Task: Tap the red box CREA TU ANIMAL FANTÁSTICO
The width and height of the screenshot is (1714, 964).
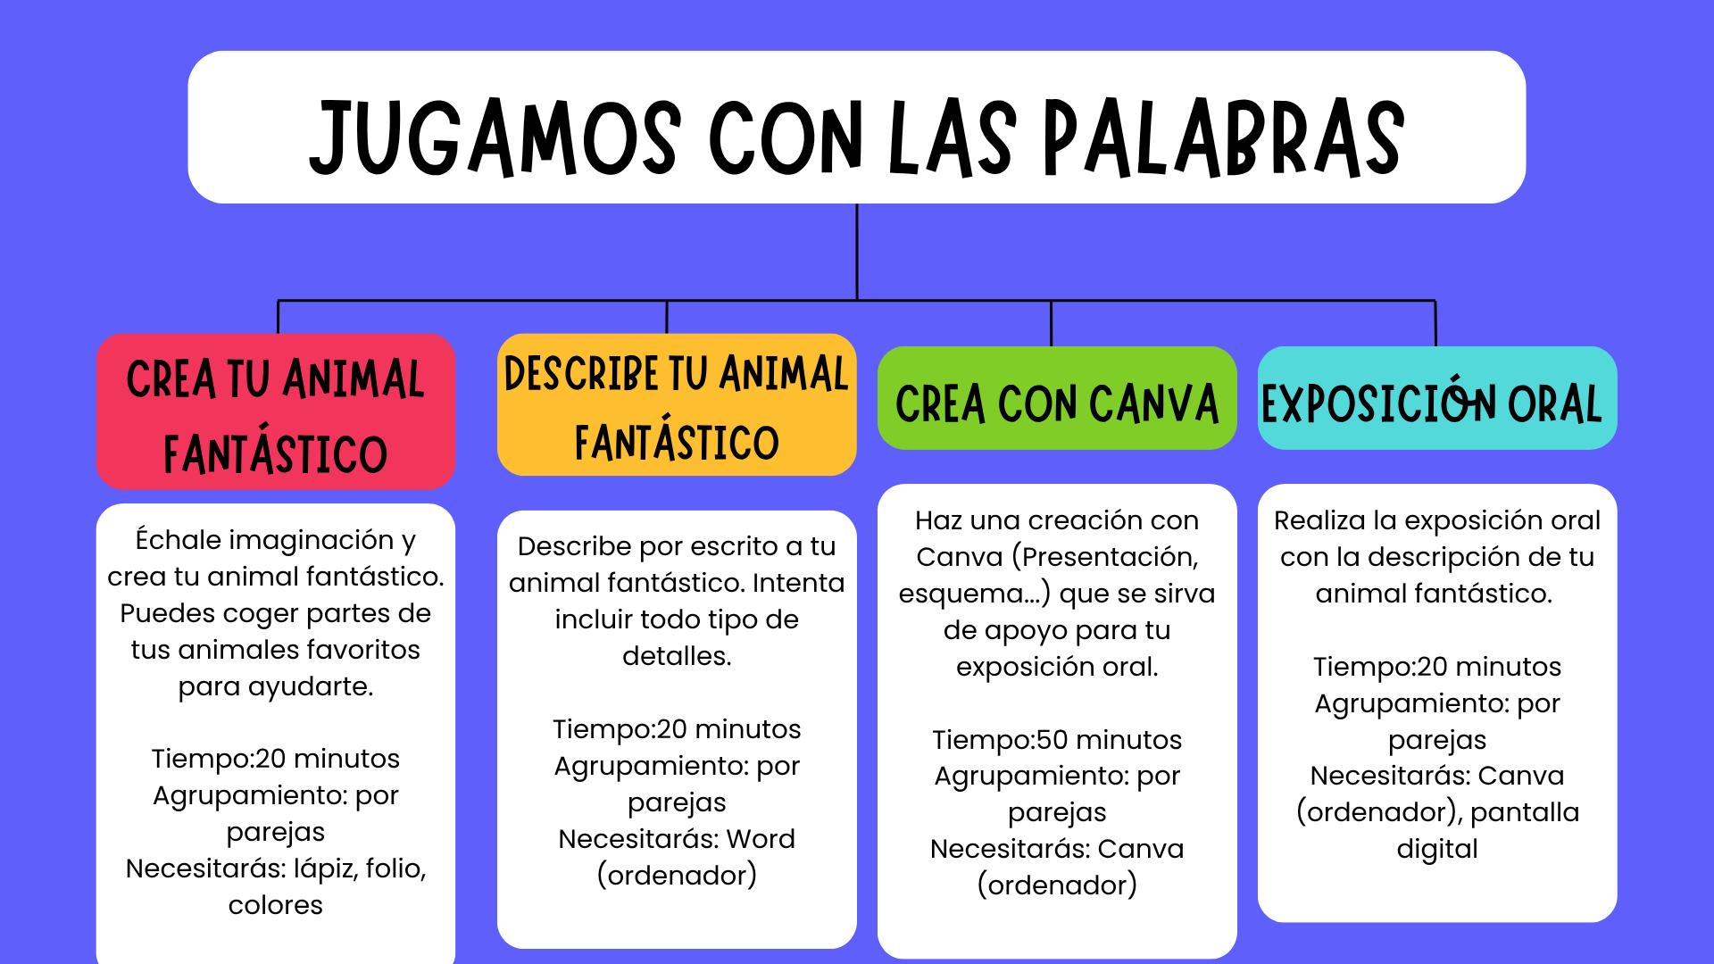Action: pyautogui.click(x=276, y=411)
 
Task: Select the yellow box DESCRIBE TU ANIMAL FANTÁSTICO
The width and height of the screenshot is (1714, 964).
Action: pyautogui.click(x=677, y=404)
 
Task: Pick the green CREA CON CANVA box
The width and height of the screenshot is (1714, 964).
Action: pyautogui.click(x=1057, y=398)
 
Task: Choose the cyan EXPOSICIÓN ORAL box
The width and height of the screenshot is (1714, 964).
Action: pyautogui.click(x=1437, y=398)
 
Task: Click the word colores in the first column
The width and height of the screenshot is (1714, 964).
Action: pyautogui.click(x=276, y=905)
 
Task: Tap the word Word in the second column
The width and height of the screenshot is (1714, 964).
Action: pyautogui.click(x=761, y=839)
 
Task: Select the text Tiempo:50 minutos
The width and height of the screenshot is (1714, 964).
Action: pyautogui.click(x=1057, y=740)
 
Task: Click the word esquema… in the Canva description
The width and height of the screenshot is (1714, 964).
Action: pyautogui.click(x=975, y=594)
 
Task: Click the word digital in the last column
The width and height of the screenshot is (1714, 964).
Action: pyautogui.click(x=1437, y=849)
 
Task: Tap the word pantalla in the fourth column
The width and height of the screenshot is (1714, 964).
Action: pyautogui.click(x=1525, y=812)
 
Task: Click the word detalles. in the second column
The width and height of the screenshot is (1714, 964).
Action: pyautogui.click(x=677, y=656)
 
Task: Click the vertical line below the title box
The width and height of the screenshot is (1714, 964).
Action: pyautogui.click(x=857, y=252)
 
